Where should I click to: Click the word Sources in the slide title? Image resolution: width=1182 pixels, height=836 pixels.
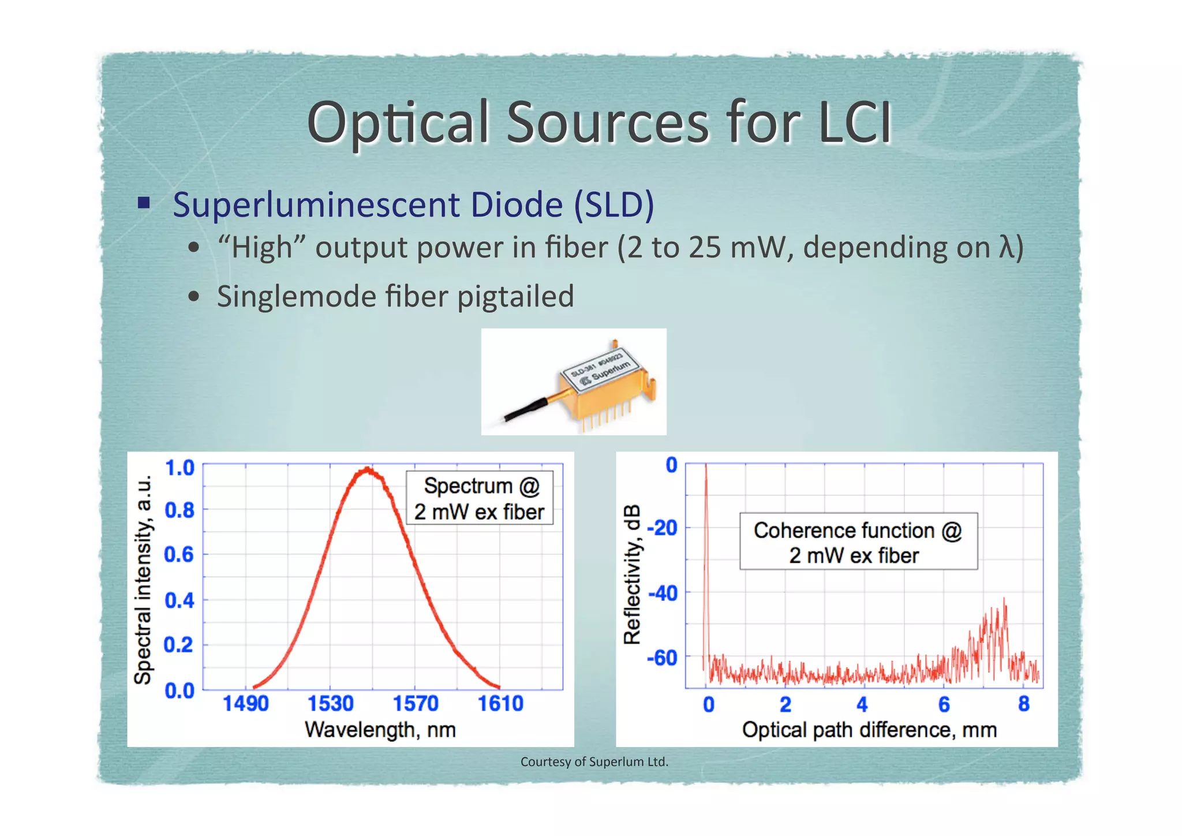point(607,122)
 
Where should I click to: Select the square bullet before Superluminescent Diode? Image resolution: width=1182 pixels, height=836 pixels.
point(144,203)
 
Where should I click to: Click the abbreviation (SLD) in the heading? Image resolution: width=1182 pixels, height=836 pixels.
point(614,204)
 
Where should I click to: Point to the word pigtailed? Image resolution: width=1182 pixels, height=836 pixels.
point(515,297)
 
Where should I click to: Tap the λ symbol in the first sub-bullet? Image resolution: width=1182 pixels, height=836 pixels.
point(1006,247)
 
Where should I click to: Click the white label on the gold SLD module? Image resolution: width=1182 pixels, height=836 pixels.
point(600,370)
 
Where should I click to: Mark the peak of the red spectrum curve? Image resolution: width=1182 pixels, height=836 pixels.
point(367,469)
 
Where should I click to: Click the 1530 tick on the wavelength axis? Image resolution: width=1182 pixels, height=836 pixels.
point(330,703)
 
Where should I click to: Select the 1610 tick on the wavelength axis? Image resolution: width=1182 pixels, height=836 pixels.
point(500,703)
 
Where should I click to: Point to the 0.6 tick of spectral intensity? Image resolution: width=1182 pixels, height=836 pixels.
point(179,555)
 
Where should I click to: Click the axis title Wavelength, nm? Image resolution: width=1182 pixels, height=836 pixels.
point(380,730)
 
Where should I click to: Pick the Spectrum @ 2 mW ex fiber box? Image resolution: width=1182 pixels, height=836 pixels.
point(479,498)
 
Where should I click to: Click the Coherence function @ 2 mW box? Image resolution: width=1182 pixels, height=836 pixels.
point(858,542)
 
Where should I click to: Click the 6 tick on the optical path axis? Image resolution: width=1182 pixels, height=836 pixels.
point(944,704)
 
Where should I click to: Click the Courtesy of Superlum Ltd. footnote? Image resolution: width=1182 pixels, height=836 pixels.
point(594,762)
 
